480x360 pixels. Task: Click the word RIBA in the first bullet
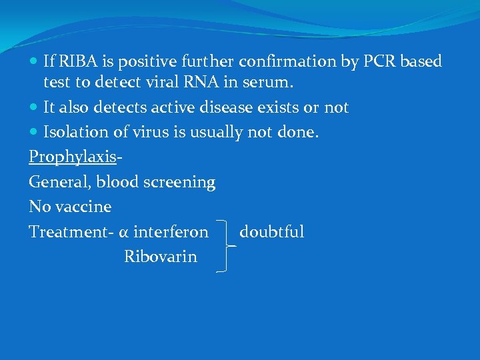coord(77,62)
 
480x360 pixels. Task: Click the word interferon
coord(171,232)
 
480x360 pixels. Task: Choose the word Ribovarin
coord(161,257)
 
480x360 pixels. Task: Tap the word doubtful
coord(271,232)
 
